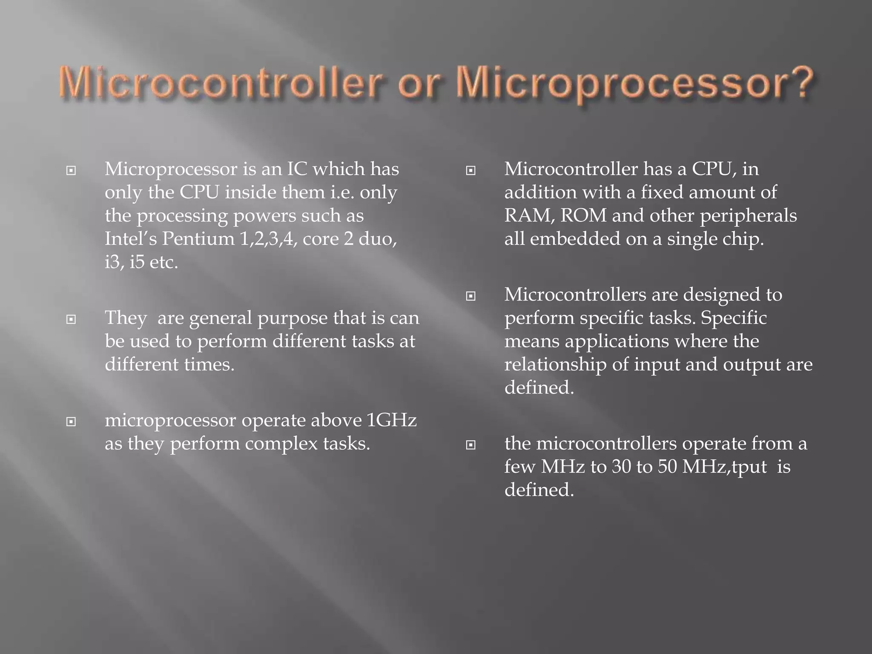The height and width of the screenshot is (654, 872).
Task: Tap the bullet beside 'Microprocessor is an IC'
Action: pos(71,171)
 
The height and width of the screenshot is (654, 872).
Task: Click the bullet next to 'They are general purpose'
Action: pos(71,319)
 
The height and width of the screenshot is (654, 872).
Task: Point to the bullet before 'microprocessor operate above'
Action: pos(71,422)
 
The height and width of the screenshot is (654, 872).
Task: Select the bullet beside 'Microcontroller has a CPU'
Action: pos(470,171)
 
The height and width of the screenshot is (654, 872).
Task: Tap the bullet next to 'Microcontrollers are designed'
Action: pos(470,296)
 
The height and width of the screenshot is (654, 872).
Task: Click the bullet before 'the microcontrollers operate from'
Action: pos(470,445)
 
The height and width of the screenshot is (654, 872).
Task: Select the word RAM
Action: pos(529,215)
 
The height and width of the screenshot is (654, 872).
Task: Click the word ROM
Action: pos(583,215)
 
